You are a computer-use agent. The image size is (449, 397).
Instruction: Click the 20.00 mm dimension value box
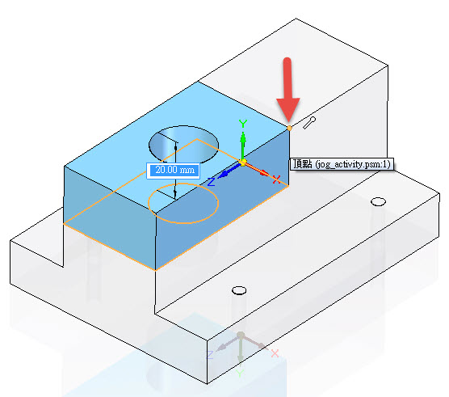pos(173,171)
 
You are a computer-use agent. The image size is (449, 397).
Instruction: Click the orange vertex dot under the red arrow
pos(289,128)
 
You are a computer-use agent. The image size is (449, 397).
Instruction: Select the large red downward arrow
pos(287,91)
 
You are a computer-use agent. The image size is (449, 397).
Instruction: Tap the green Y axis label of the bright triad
pos(243,124)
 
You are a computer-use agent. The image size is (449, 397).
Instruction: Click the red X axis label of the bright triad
pos(276,179)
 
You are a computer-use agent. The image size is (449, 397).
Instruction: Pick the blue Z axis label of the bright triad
pos(211,182)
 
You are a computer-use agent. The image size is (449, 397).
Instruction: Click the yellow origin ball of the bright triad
pos(242,163)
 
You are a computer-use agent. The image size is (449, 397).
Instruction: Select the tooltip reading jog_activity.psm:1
pos(342,164)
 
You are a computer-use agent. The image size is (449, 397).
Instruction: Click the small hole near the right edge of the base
pos(378,201)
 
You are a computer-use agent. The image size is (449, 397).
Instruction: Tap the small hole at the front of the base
pos(239,290)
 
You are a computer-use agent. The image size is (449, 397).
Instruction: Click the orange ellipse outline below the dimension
pos(183,222)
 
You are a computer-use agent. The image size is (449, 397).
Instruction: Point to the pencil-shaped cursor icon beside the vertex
pos(309,123)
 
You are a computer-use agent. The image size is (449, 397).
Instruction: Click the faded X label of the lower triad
pos(275,353)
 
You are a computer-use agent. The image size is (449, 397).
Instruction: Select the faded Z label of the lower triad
pos(210,355)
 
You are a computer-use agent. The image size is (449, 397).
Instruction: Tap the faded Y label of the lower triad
pos(240,374)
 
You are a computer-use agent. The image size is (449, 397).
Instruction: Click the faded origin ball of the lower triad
pos(241,335)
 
